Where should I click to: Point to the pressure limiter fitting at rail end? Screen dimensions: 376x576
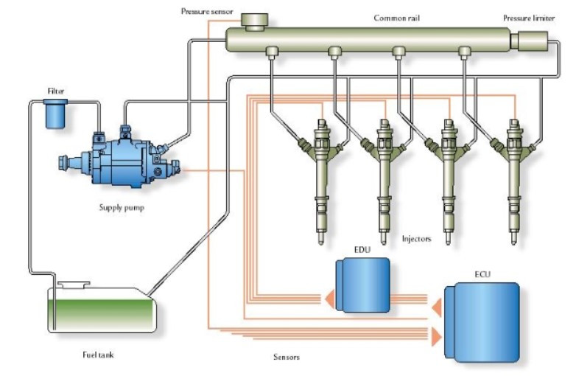[x=529, y=40]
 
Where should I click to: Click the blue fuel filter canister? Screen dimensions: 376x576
[x=56, y=114]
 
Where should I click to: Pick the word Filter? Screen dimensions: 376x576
[x=56, y=91]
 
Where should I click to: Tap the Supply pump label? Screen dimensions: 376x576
[x=122, y=207]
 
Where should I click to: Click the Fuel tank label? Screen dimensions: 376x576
[x=97, y=355]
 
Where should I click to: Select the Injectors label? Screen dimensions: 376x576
[x=417, y=239]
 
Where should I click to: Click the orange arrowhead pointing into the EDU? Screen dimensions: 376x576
[x=325, y=299]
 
